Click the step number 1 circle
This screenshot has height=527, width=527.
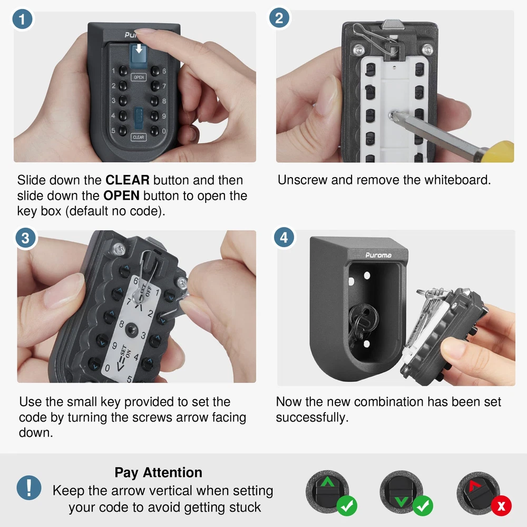(22, 19)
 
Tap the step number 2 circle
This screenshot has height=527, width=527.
(279, 18)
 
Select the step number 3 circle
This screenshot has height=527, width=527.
(25, 238)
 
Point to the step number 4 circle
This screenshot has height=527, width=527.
(284, 237)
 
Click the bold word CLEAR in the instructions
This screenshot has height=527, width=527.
(128, 180)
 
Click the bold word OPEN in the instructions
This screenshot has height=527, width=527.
(121, 196)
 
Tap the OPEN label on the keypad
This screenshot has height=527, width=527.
(139, 77)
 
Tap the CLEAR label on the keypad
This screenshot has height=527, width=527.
(138, 137)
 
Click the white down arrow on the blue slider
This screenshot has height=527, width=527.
(139, 48)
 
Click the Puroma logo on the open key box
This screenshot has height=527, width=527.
(378, 255)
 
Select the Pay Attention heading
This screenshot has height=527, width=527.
(158, 473)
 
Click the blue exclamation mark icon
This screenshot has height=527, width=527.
(29, 487)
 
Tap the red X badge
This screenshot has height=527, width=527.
(501, 506)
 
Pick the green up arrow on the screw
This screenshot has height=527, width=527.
(327, 482)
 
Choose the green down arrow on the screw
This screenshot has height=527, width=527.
(401, 502)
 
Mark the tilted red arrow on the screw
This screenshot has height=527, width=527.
(474, 485)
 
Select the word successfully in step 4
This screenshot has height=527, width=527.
(312, 417)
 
